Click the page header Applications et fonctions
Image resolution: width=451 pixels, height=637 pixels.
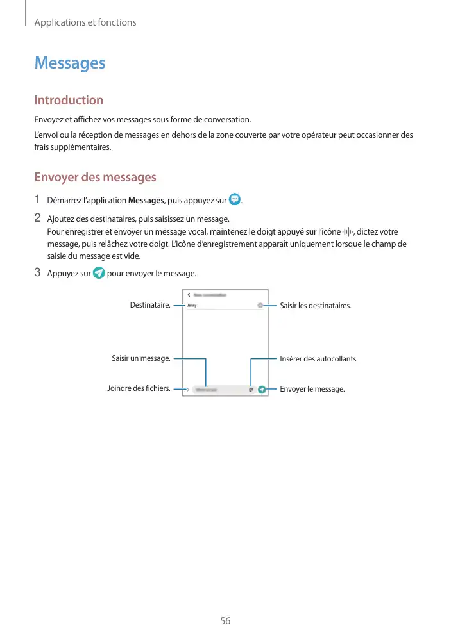click(85, 22)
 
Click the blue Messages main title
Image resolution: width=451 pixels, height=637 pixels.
click(70, 63)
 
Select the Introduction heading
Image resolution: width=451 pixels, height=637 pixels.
click(69, 100)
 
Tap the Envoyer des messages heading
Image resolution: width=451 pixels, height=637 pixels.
click(95, 177)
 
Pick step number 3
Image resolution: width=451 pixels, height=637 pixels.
click(37, 273)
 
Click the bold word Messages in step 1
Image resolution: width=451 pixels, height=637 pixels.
click(146, 201)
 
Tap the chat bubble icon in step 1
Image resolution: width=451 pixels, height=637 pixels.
click(235, 199)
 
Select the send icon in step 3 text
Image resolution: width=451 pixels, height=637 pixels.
click(99, 274)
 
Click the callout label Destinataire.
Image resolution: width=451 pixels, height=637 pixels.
click(150, 306)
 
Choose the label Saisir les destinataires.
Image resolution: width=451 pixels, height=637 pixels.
click(316, 306)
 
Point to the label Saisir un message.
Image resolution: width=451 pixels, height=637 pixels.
click(140, 358)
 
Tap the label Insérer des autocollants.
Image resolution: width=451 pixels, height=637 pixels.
click(319, 358)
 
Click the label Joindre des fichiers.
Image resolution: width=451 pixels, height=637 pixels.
click(139, 388)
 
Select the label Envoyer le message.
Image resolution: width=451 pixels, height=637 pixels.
click(312, 388)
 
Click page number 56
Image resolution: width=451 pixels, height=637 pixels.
click(225, 621)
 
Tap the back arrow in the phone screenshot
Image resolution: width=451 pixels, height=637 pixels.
click(189, 295)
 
